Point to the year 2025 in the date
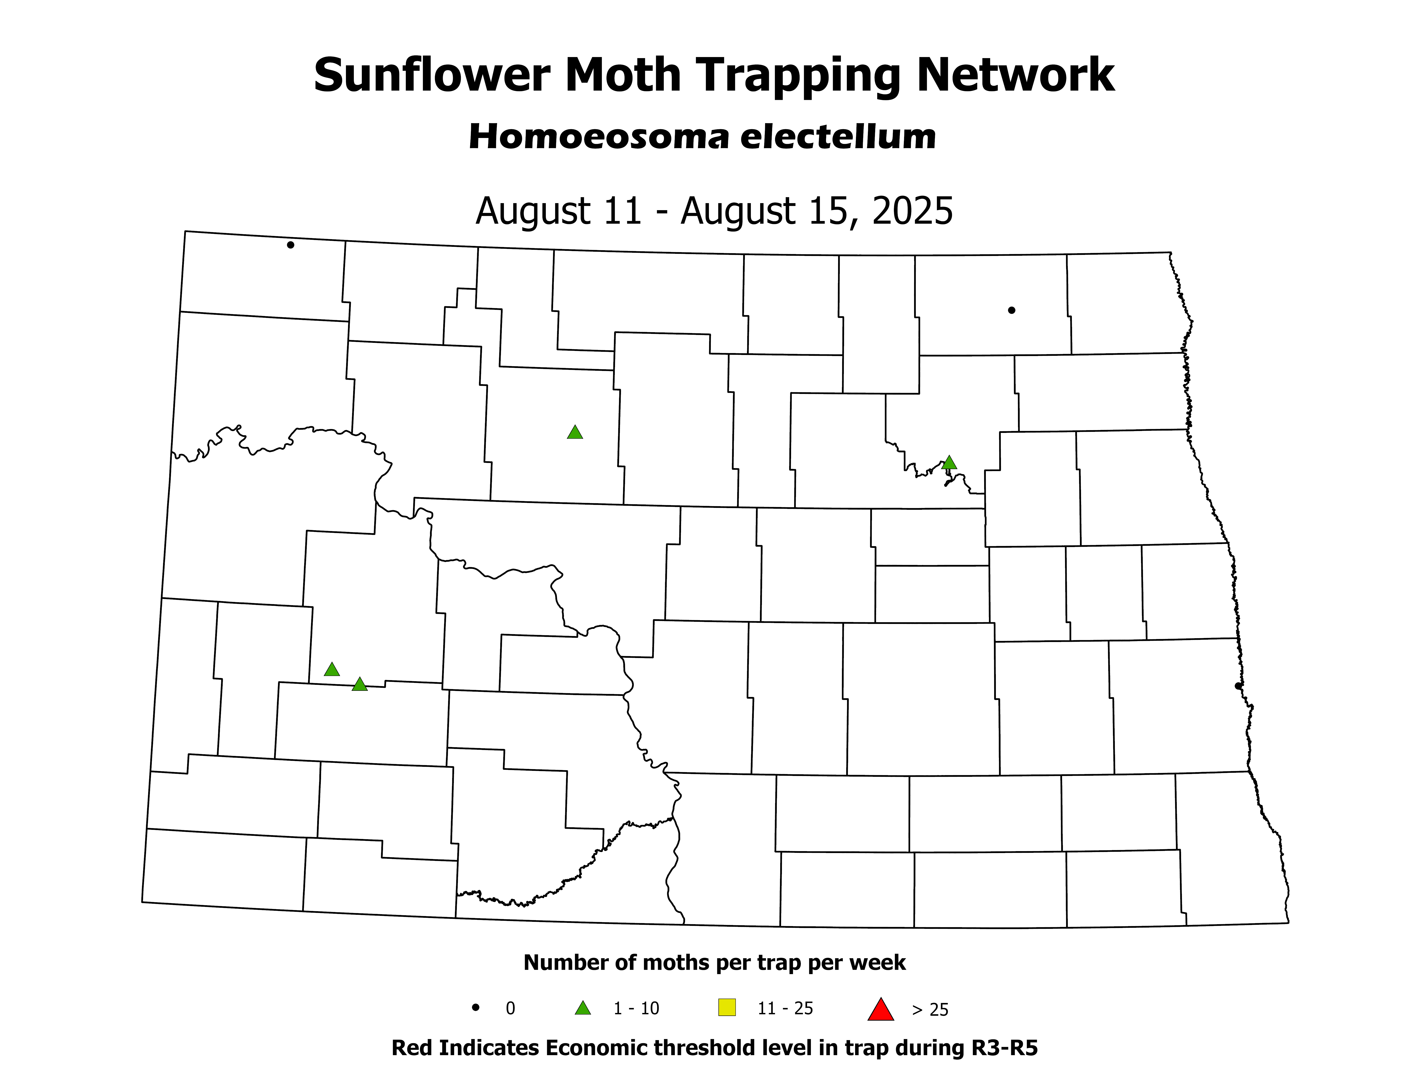(912, 210)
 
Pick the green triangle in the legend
(583, 1008)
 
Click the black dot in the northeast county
(1011, 310)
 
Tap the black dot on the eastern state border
(1238, 686)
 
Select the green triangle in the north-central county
(575, 432)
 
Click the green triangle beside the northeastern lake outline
(949, 463)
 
